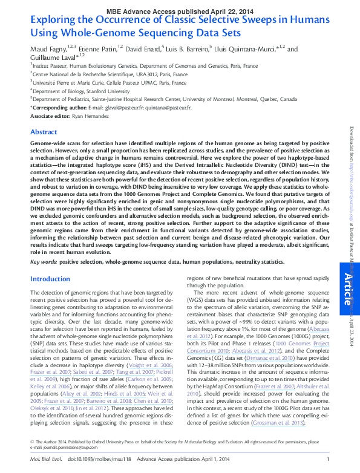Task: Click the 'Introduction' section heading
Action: (x=51, y=279)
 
